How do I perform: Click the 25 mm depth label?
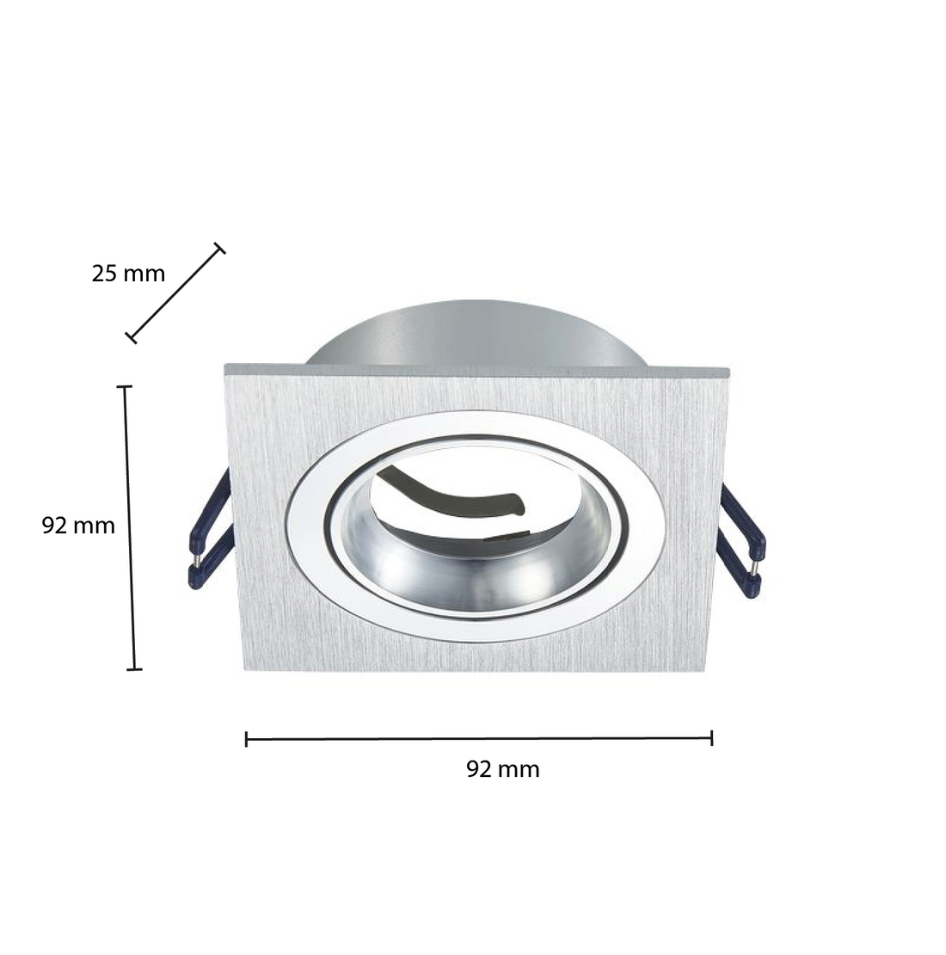128,274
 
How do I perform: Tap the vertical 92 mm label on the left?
78,526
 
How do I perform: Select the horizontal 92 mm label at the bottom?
503,769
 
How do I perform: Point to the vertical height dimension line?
130,527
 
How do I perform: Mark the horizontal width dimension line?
479,738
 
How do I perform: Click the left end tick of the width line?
247,738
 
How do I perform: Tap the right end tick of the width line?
712,737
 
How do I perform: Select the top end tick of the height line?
126,387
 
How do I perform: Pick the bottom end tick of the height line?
133,668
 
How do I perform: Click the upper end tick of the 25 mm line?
220,249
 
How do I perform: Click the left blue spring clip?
209,533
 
